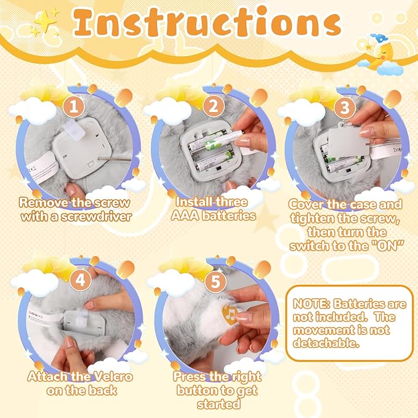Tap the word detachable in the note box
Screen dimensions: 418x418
click(326, 342)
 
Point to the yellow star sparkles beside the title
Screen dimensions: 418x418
click(45, 21)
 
